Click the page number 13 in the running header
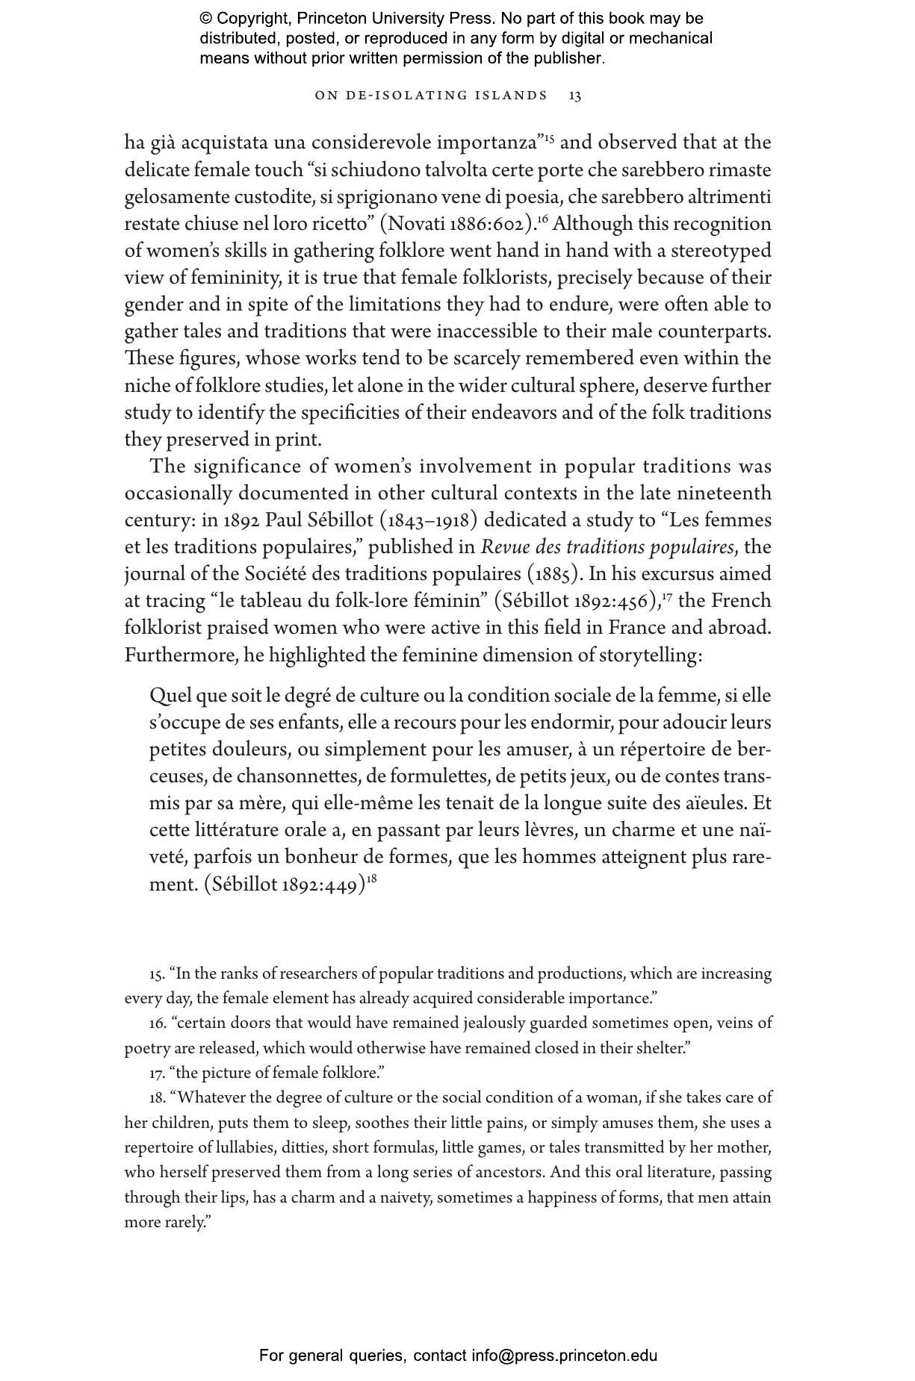pyautogui.click(x=575, y=96)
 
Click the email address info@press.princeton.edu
pyautogui.click(x=564, y=1356)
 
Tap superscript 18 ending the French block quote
pyautogui.click(x=371, y=879)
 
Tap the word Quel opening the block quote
pyautogui.click(x=170, y=696)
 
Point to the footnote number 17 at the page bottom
pyautogui.click(x=156, y=1073)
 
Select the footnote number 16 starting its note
pyautogui.click(x=156, y=1023)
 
